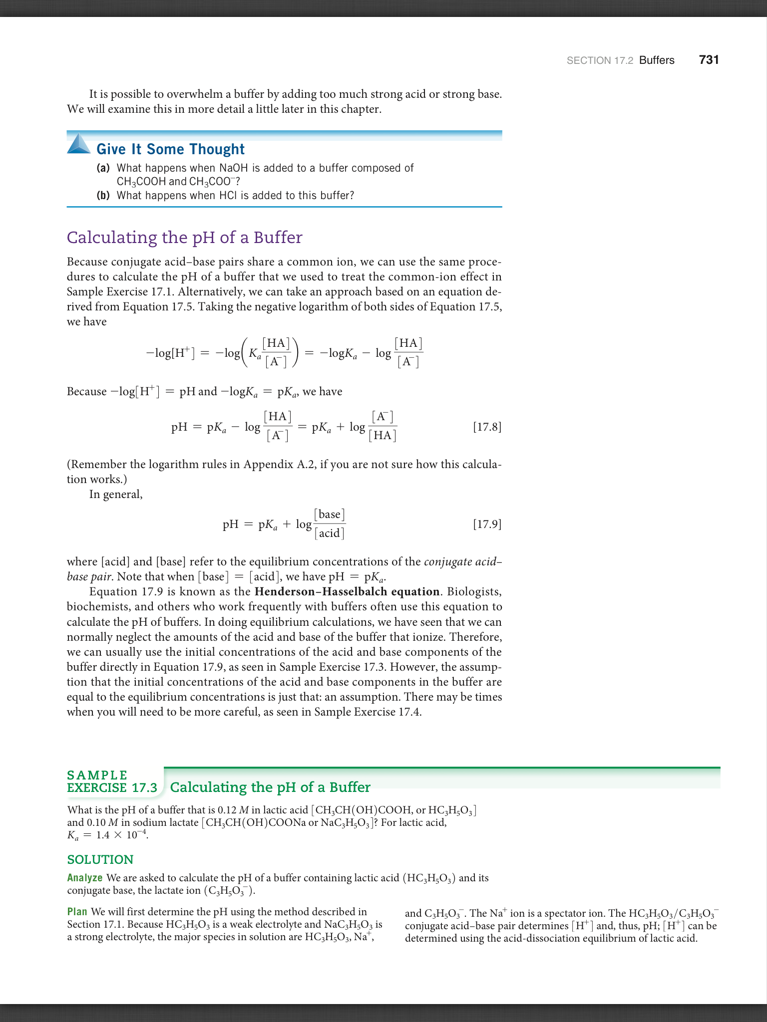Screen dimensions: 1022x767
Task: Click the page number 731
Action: point(709,60)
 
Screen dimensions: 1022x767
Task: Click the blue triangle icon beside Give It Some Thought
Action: point(78,144)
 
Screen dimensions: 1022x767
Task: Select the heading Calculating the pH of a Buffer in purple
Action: point(184,238)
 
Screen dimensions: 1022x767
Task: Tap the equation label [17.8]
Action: point(487,427)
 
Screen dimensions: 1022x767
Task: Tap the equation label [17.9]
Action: point(487,524)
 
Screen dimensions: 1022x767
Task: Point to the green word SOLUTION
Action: point(100,859)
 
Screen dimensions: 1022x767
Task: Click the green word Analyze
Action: point(85,878)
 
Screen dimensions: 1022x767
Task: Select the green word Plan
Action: point(77,912)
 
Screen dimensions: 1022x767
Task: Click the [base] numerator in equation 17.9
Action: point(330,514)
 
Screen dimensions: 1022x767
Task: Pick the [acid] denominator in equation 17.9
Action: point(330,533)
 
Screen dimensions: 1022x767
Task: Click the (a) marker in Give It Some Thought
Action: point(103,168)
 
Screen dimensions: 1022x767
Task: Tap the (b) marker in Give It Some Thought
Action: point(103,196)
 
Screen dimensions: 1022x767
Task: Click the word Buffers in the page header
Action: point(657,60)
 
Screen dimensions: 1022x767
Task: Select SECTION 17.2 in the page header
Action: point(600,61)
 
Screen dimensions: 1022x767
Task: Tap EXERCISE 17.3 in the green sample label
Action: point(112,788)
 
